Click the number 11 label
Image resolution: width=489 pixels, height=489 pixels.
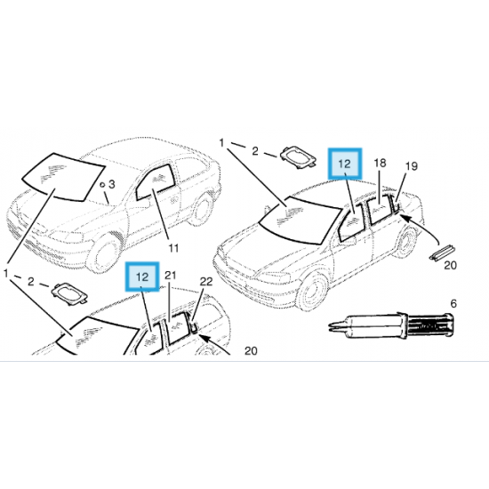tap(173, 248)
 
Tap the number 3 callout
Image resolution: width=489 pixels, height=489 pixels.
tap(112, 184)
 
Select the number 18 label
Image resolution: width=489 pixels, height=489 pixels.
tap(380, 163)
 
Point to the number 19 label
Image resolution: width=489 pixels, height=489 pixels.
tap(412, 166)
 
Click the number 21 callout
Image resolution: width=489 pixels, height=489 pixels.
tap(171, 276)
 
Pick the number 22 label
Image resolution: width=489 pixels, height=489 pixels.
tap(206, 282)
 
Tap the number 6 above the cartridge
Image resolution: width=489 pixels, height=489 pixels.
tap(453, 303)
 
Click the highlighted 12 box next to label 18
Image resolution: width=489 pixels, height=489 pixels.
tap(345, 164)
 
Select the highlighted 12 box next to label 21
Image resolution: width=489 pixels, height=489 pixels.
tap(142, 277)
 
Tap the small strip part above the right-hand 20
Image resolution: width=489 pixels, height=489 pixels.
tap(442, 252)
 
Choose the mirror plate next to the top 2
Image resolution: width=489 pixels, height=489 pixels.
tap(298, 156)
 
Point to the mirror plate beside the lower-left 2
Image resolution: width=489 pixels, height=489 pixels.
tap(69, 293)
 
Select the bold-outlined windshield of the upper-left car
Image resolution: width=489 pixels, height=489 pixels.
tap(63, 177)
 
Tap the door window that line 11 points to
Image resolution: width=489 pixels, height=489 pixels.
tap(155, 183)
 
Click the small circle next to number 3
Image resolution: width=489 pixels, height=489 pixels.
tap(102, 185)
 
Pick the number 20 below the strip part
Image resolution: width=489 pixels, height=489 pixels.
tap(450, 266)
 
